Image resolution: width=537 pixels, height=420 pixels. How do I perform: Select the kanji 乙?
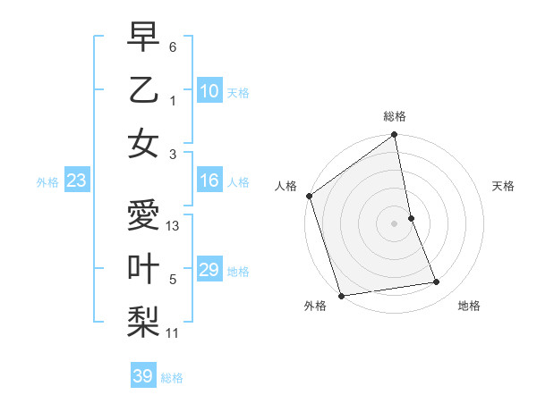[144, 90]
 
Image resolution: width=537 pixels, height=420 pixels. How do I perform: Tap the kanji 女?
[144, 144]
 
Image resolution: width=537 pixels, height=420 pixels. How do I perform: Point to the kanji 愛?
[144, 216]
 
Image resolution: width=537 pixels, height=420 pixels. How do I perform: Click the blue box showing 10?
[209, 91]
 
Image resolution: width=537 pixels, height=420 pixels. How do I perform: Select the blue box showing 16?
[209, 181]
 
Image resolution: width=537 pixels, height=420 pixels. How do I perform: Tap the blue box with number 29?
[209, 271]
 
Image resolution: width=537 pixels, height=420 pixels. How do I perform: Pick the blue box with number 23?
[76, 181]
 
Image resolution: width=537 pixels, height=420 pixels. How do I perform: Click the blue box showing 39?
[143, 376]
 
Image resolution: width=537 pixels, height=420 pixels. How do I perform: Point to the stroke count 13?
[174, 226]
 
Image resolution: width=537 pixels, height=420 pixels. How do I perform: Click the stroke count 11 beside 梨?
[173, 333]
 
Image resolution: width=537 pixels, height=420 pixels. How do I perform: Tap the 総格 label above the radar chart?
[394, 116]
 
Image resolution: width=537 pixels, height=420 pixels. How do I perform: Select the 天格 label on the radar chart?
[503, 186]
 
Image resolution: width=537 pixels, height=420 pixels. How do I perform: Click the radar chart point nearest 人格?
[310, 196]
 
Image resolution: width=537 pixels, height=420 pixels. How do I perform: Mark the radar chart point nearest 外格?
[342, 295]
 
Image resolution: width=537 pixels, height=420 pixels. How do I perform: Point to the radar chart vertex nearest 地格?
[437, 282]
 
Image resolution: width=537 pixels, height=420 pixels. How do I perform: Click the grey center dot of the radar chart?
[394, 223]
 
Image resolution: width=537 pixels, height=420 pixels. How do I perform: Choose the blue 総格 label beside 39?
[172, 378]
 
